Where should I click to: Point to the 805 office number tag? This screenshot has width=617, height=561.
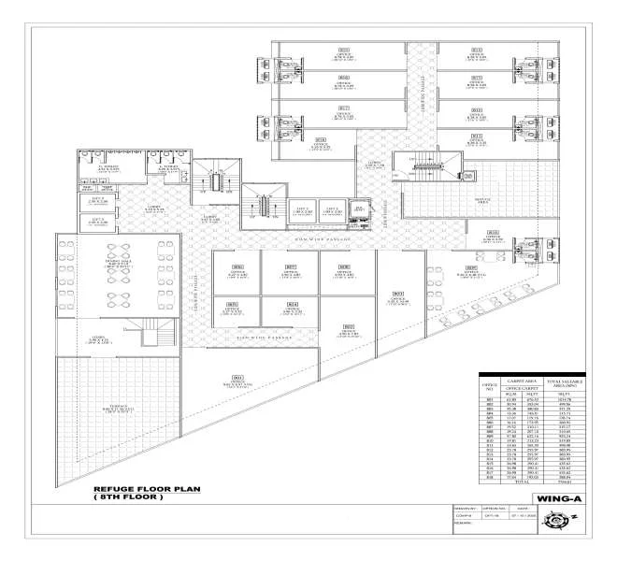pyautogui.click(x=232, y=304)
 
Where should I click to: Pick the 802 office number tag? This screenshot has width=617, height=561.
pyautogui.click(x=348, y=326)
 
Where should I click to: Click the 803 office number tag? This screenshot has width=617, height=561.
pyautogui.click(x=397, y=295)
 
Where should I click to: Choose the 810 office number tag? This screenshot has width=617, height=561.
pyautogui.click(x=492, y=231)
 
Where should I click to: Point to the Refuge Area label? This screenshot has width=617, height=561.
pyautogui.click(x=482, y=200)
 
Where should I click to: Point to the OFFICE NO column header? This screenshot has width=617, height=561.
pyautogui.click(x=487, y=387)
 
